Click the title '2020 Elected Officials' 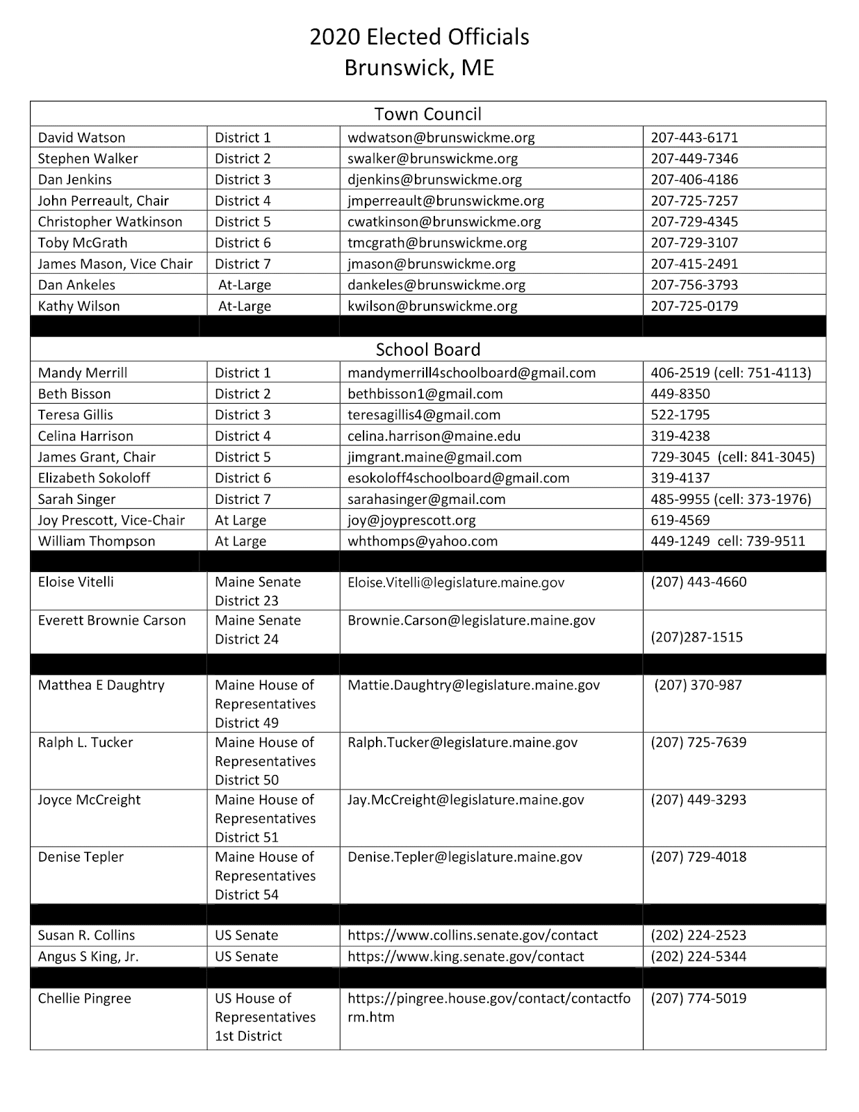[x=419, y=38]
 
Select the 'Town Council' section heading [x=427, y=114]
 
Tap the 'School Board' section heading [x=427, y=350]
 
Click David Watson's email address [x=441, y=138]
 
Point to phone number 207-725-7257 [x=694, y=201]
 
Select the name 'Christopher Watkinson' [x=110, y=222]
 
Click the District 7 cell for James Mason [x=243, y=264]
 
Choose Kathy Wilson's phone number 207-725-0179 [x=694, y=306]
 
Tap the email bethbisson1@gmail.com [x=425, y=394]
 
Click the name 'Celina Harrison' [x=85, y=436]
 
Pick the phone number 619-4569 [x=680, y=521]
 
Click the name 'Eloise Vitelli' [x=76, y=582]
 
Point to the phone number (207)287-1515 [x=696, y=637]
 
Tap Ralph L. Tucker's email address [x=462, y=743]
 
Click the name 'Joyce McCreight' [x=89, y=800]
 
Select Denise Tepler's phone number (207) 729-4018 [x=698, y=857]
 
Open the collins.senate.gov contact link [x=473, y=935]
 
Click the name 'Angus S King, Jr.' [x=88, y=957]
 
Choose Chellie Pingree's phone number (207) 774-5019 [x=698, y=999]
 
